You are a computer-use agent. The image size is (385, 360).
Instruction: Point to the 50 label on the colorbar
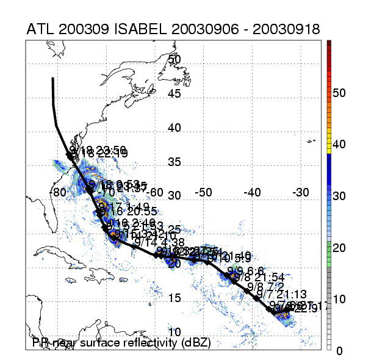click(x=341, y=93)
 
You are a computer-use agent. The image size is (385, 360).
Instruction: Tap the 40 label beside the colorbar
click(x=341, y=145)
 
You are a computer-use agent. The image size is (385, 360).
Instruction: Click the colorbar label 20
click(x=341, y=247)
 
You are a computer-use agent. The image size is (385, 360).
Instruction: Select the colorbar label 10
click(x=341, y=299)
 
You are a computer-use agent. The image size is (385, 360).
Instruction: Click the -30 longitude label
click(x=301, y=192)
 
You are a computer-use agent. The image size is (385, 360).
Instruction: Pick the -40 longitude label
click(x=252, y=192)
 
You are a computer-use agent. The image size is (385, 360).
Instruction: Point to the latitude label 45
click(x=175, y=94)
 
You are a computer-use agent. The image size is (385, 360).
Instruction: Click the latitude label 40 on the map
click(x=175, y=128)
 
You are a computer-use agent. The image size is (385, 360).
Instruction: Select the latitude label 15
click(x=175, y=298)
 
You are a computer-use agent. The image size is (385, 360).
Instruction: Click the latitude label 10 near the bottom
click(x=175, y=332)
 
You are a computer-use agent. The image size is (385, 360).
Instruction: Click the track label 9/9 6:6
click(x=245, y=270)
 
